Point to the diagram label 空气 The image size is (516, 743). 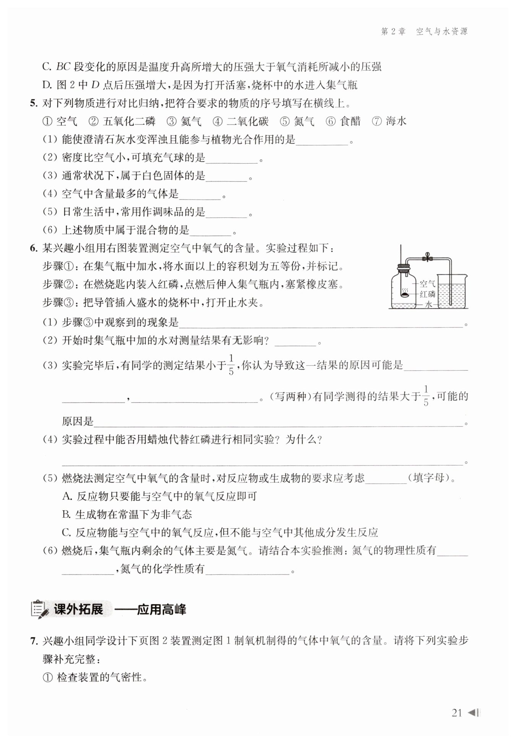pos(427,284)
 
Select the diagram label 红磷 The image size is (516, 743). pos(427,294)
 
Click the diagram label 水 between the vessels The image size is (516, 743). pos(429,304)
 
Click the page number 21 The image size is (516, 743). pos(457,713)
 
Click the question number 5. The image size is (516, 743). pos(33,103)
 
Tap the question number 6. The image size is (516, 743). pos(33,248)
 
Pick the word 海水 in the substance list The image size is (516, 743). pos(396,122)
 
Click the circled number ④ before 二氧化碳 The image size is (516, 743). pos(217,122)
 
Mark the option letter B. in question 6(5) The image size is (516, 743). pos(67,514)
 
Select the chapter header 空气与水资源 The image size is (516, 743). pos(442,32)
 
